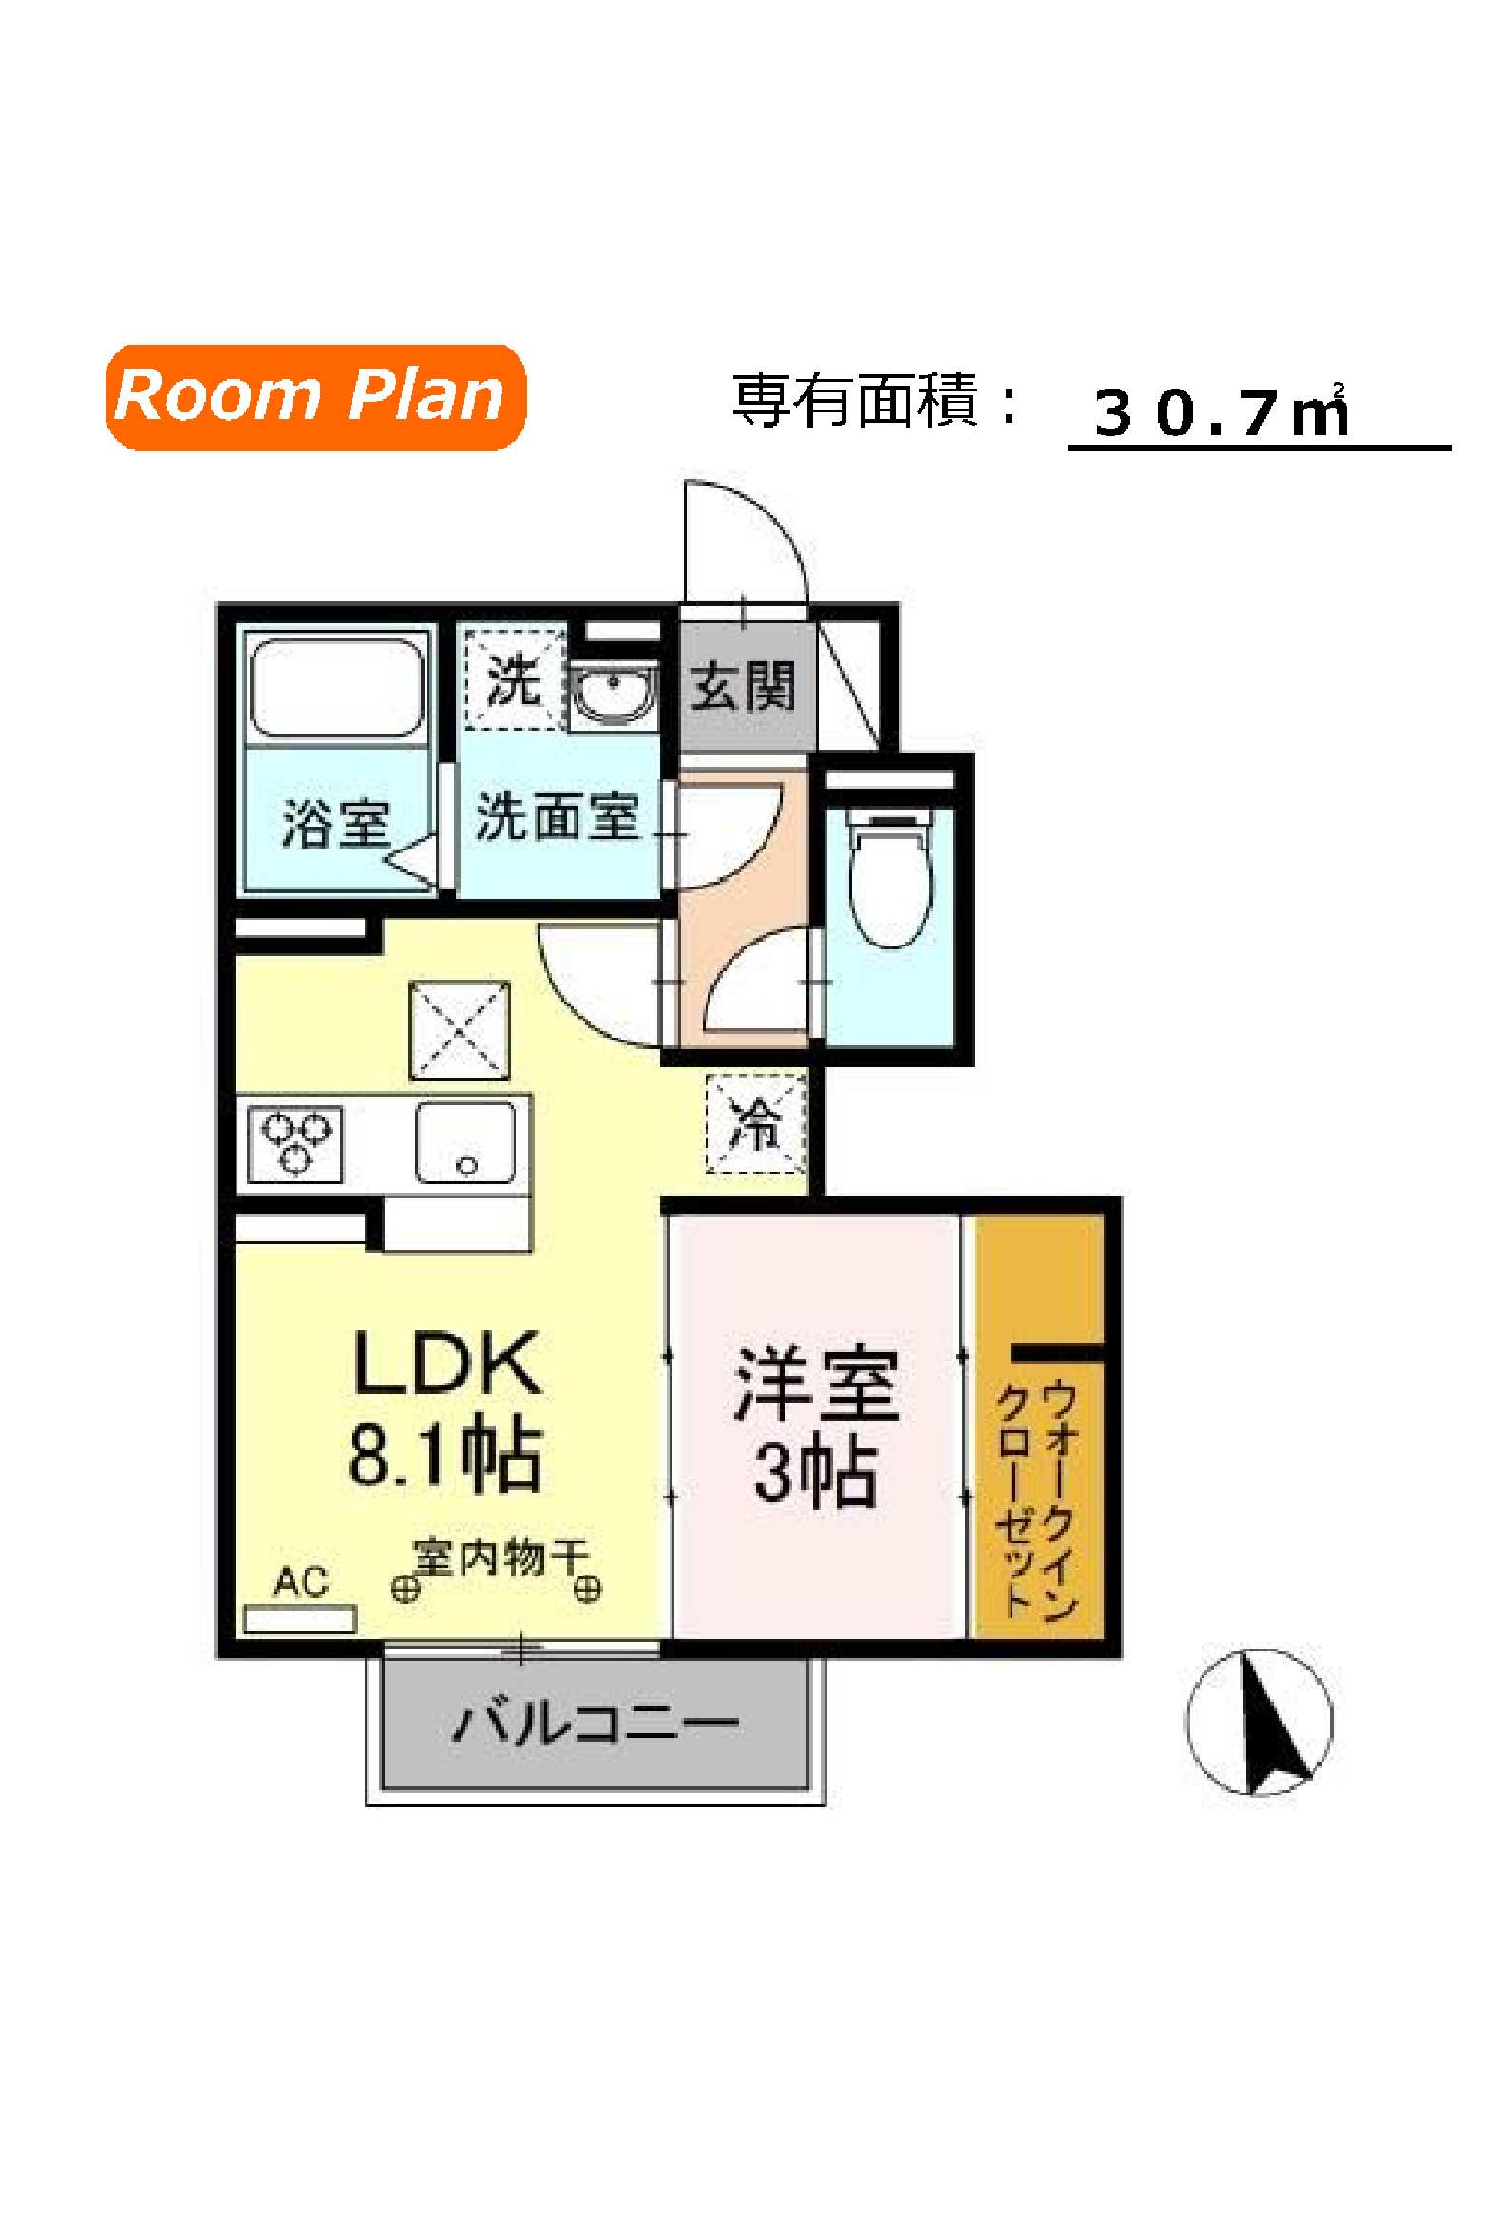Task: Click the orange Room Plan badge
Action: (x=315, y=397)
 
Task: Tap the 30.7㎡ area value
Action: (x=1221, y=412)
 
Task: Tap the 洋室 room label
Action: (x=816, y=1384)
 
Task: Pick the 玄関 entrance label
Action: (x=742, y=684)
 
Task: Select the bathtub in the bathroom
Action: (x=336, y=687)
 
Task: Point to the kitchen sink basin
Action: (x=464, y=1143)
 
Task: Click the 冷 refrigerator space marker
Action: (x=756, y=1123)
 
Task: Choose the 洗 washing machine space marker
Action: (x=514, y=679)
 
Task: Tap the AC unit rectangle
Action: (x=300, y=1618)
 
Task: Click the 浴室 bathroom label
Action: (x=336, y=825)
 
